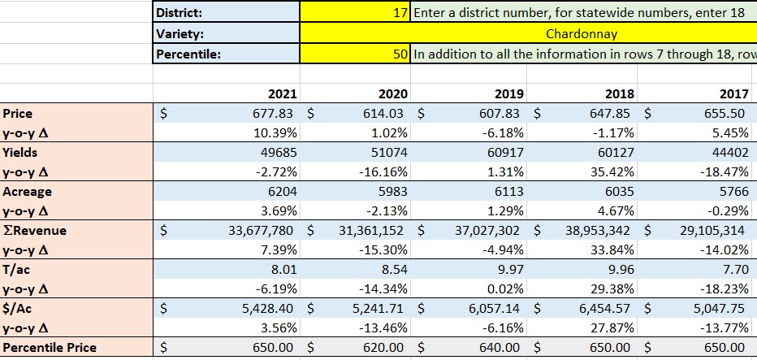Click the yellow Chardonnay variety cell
pyautogui.click(x=581, y=34)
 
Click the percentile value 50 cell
pyautogui.click(x=356, y=55)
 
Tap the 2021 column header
pyautogui.click(x=280, y=94)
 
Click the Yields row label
pyautogui.click(x=20, y=152)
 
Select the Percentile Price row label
pyautogui.click(x=50, y=348)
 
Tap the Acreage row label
pyautogui.click(x=27, y=192)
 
